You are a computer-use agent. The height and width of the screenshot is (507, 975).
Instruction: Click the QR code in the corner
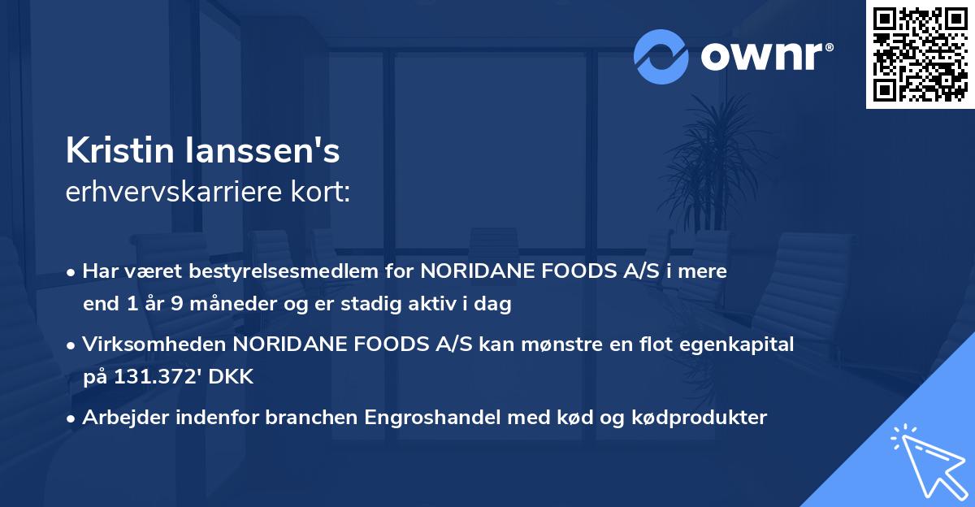(920, 54)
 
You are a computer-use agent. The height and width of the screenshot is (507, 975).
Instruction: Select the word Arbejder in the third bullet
(119, 418)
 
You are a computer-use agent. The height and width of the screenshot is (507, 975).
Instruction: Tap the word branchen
(316, 418)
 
